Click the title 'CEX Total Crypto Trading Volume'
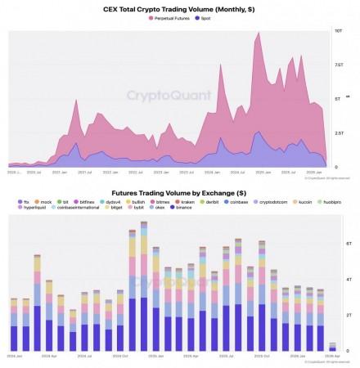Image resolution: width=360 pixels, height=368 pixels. [x=179, y=7]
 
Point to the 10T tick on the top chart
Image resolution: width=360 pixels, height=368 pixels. [x=338, y=30]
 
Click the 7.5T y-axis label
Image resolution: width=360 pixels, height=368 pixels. [x=337, y=65]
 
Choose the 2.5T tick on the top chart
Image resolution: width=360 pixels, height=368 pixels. [x=337, y=132]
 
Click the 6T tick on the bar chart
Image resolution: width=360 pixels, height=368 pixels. [x=348, y=244]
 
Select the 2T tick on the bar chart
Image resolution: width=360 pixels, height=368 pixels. [x=348, y=314]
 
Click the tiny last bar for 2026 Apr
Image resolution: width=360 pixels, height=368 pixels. [x=332, y=347]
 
